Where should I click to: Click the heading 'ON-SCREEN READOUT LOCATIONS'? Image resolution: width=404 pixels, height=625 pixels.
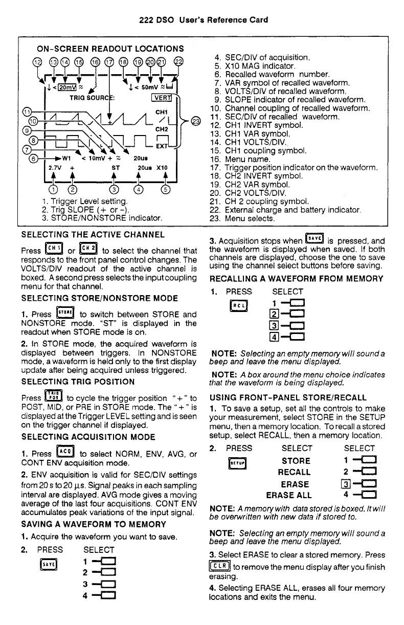(110, 49)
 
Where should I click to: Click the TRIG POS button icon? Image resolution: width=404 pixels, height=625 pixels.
(54, 396)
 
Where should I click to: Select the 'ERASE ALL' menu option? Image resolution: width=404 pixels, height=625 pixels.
(288, 495)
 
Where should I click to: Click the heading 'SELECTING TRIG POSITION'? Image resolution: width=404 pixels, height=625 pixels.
(78, 382)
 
